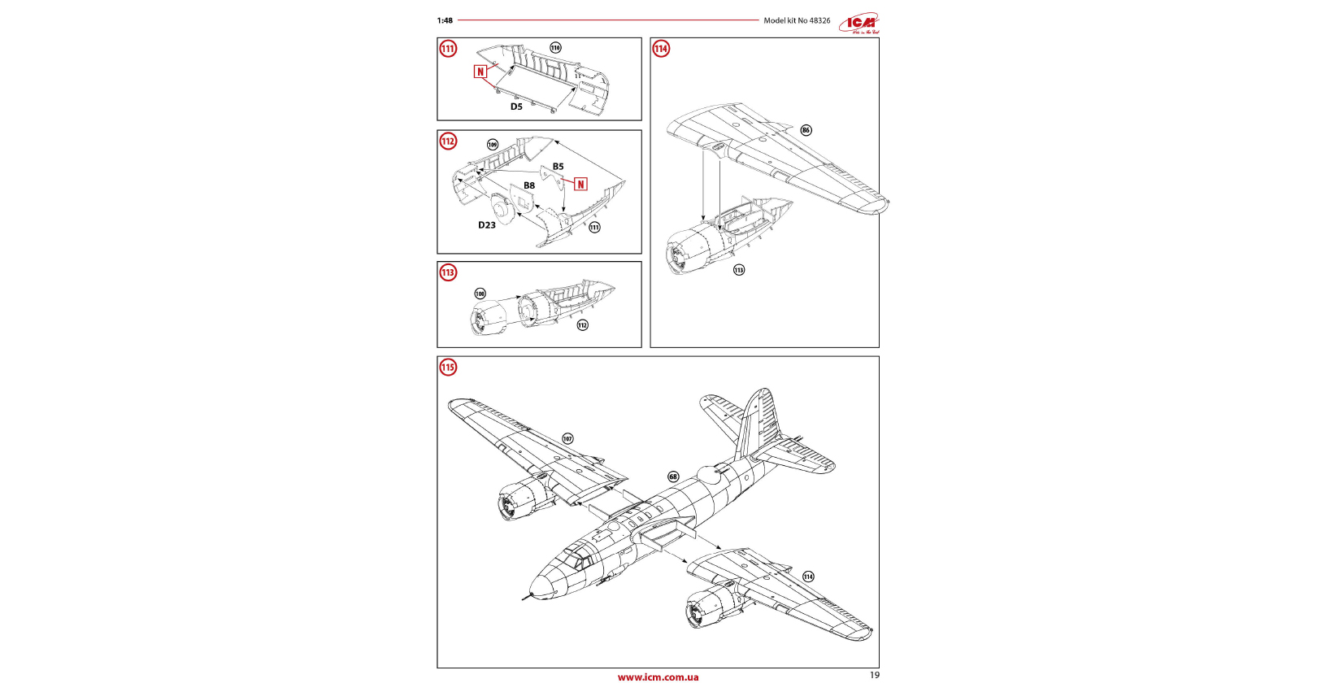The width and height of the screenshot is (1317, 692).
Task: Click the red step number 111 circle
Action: tap(448, 49)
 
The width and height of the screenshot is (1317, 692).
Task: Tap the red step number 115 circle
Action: tap(448, 368)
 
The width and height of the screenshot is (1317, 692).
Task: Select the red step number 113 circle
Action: tap(448, 272)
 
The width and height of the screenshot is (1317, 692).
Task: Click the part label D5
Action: tap(516, 107)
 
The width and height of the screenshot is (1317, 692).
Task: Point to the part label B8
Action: tap(529, 185)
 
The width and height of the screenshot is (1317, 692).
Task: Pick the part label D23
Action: tap(487, 225)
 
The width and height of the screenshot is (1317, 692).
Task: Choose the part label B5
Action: tap(558, 167)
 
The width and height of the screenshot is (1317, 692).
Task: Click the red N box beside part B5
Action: tap(580, 185)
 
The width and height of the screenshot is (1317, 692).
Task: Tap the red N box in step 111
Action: tap(480, 72)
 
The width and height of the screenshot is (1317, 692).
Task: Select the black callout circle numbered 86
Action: tap(806, 130)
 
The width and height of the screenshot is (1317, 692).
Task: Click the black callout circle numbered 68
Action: tap(673, 477)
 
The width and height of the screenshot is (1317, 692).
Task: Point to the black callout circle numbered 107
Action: tap(567, 439)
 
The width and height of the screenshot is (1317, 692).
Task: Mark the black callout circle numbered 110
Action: tap(555, 48)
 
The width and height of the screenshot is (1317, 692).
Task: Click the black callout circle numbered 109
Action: tap(493, 145)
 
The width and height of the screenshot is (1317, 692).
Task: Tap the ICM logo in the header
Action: tap(860, 24)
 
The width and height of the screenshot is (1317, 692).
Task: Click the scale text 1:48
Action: tap(445, 20)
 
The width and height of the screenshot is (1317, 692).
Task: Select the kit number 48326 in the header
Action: tap(819, 20)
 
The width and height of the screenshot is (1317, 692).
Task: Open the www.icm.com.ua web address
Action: tap(658, 677)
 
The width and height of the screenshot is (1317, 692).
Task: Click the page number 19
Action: tap(874, 675)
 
